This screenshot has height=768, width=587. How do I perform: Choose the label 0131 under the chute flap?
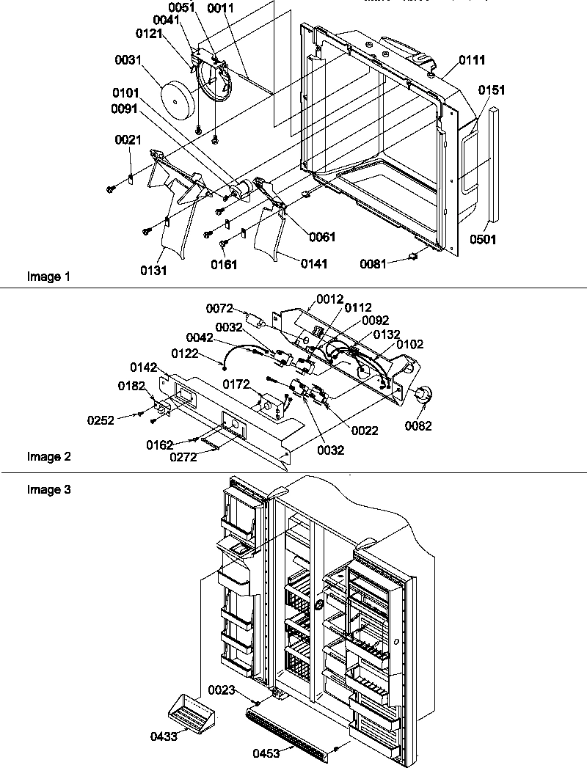click(x=155, y=271)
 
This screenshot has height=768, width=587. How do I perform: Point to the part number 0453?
click(x=267, y=753)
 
